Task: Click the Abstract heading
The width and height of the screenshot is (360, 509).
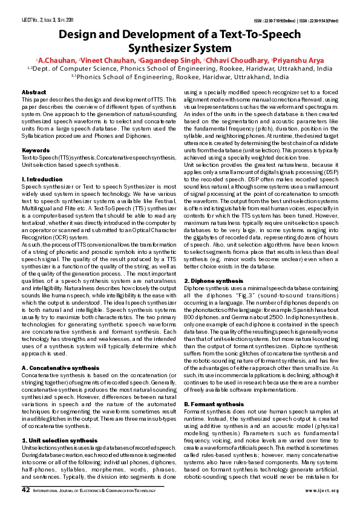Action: [x=34, y=91]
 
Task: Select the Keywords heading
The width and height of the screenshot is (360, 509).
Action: [x=36, y=149]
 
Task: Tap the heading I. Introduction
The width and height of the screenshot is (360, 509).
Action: [x=42, y=180]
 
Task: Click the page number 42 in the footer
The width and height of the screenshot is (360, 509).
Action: [x=26, y=490]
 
